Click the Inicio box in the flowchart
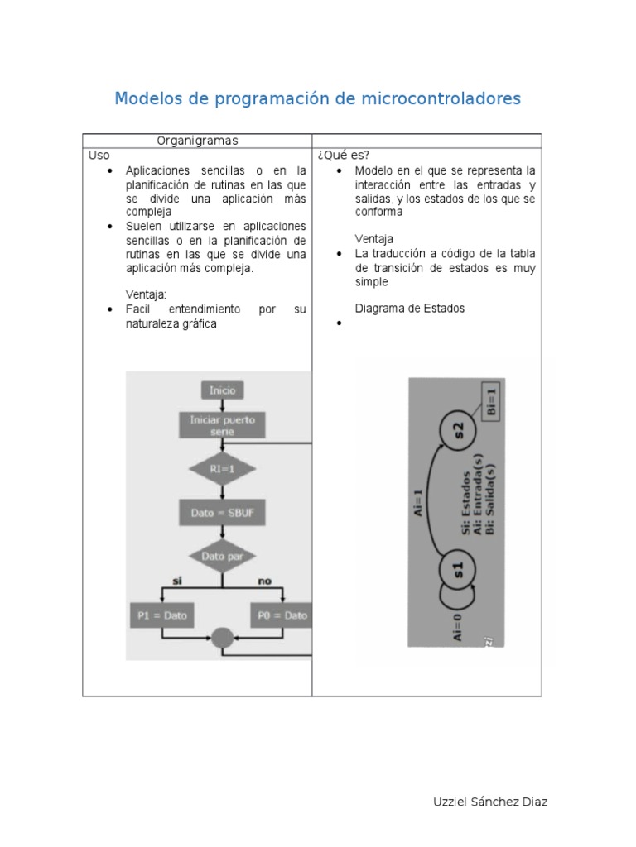coord(222,390)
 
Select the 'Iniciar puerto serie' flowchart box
coord(222,425)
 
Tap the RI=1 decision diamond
coord(221,469)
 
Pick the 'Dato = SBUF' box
coord(221,513)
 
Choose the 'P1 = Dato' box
coord(163,615)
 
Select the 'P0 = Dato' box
coord(282,615)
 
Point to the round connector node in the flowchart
coord(222,638)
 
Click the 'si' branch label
coord(176,581)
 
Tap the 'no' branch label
coord(264,581)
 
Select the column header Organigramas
coord(197,141)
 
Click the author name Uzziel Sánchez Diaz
coord(490,802)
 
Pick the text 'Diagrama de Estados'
coord(410,309)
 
